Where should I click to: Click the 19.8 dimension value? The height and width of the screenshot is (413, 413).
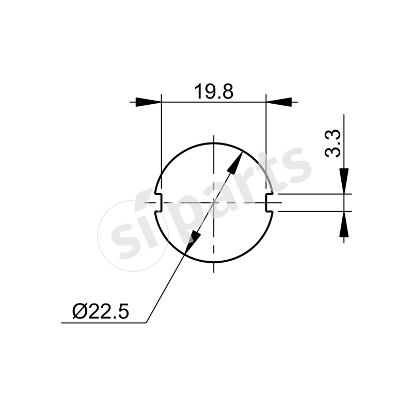[214, 92]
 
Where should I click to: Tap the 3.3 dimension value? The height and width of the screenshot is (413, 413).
[333, 144]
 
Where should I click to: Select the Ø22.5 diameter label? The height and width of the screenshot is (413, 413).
[101, 311]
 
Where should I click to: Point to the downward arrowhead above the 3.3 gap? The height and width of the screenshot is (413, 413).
[344, 181]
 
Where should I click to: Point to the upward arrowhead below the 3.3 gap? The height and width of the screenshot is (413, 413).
[344, 224]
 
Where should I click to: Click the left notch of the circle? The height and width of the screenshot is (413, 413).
[158, 202]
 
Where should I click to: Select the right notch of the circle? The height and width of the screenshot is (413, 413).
[268, 202]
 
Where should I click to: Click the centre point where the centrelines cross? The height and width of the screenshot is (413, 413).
[213, 203]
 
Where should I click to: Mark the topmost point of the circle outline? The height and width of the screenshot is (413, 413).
[213, 143]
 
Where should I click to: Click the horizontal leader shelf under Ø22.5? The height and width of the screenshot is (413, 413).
[103, 323]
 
